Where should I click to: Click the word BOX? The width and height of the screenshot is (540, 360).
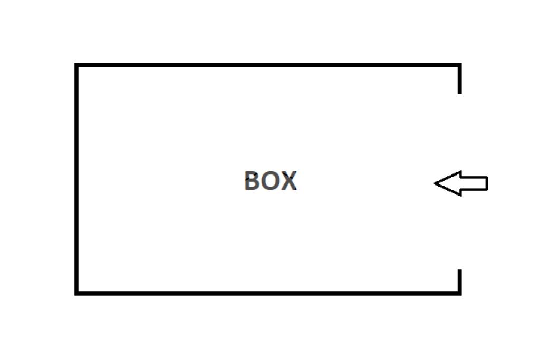(270, 181)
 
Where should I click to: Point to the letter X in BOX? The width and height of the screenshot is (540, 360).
(289, 181)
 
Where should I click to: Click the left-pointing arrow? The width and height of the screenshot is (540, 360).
(460, 183)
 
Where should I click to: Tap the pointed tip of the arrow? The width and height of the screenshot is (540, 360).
(436, 183)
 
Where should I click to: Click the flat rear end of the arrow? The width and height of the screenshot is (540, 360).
(486, 183)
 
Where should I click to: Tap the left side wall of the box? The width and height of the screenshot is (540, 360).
(76, 179)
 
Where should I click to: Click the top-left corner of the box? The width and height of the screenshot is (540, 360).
(76, 65)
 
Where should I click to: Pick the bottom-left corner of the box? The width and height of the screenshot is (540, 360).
(76, 293)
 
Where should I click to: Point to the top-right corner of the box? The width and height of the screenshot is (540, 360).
(460, 65)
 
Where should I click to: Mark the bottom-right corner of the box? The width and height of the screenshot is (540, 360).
(460, 293)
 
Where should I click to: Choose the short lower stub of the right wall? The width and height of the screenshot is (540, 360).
(460, 281)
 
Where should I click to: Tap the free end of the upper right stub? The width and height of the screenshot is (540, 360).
(460, 93)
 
